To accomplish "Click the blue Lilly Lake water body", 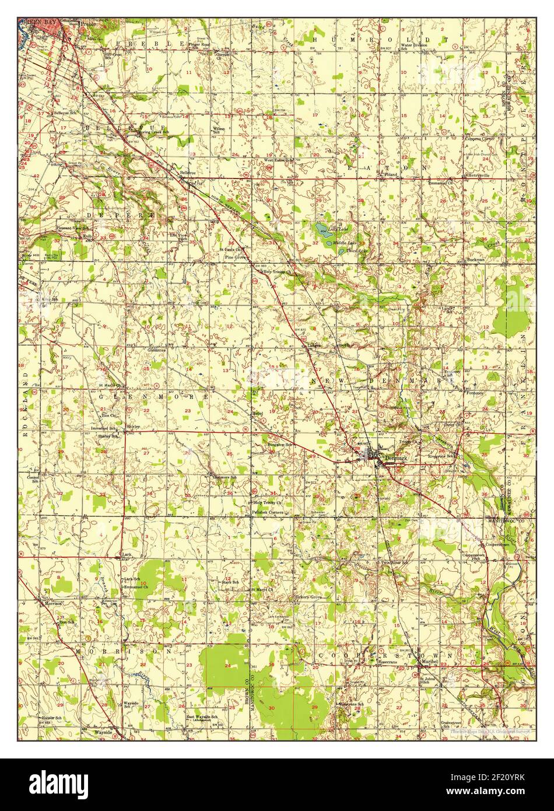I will [x=321, y=229].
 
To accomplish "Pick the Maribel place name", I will [x=430, y=661].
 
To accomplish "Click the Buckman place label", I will [x=475, y=259].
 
